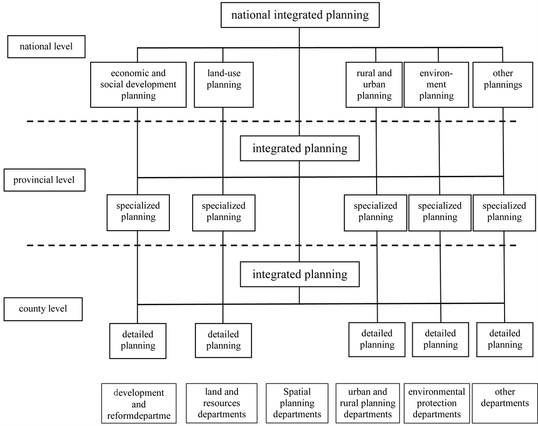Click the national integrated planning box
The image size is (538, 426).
(299, 15)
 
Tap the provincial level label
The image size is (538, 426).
(44, 180)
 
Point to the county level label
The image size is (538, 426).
(43, 310)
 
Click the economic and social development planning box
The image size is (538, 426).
(138, 85)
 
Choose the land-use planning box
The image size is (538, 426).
(223, 85)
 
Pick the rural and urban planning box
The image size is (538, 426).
(374, 85)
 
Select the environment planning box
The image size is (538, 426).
(437, 85)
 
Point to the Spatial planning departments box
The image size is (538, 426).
(297, 403)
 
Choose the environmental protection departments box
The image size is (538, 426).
(436, 403)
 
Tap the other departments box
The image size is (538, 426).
(505, 403)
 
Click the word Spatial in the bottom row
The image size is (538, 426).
(297, 392)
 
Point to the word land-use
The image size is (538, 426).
(223, 73)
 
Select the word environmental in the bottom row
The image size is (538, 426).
(436, 392)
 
